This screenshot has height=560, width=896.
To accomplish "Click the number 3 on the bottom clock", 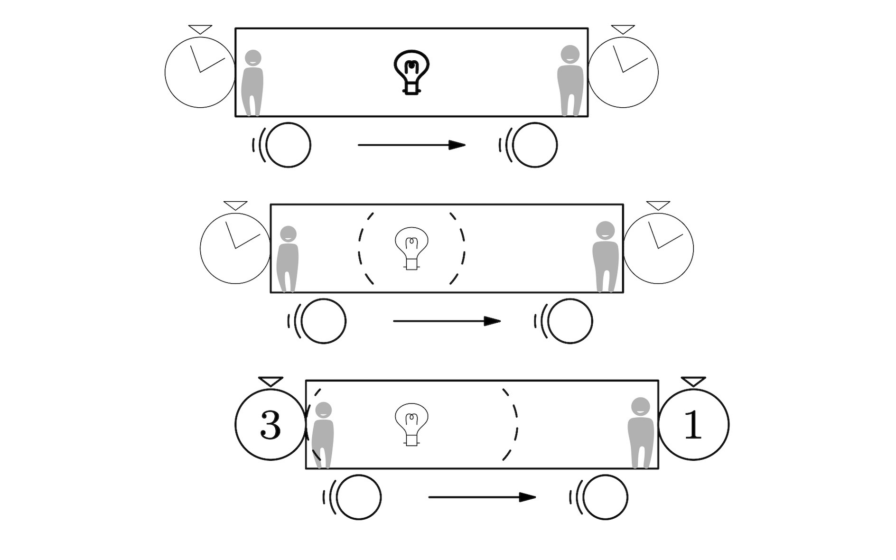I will click(271, 425).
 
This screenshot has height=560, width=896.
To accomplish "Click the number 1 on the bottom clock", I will click(692, 425).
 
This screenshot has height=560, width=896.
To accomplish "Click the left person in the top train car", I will click(252, 83).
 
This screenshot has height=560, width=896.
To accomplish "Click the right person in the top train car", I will click(570, 81).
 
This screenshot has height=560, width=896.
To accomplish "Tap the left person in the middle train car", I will click(288, 259).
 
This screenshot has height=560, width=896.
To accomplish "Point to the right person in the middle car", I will click(606, 257).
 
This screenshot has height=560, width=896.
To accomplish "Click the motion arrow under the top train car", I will click(411, 145).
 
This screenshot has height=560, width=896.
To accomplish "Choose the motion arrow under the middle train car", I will click(447, 321).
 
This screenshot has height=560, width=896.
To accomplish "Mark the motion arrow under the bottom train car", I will click(482, 497).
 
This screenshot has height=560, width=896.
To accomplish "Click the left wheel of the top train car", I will click(288, 145).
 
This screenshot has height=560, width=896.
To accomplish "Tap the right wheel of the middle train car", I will click(570, 321).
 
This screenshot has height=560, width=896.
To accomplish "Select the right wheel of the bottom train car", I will click(605, 497).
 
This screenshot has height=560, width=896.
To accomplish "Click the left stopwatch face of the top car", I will click(200, 72).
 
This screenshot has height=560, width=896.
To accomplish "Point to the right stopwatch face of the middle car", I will click(658, 248).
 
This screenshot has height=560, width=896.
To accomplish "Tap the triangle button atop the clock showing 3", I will click(271, 381).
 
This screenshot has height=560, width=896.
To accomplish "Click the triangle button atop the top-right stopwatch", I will click(623, 29).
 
